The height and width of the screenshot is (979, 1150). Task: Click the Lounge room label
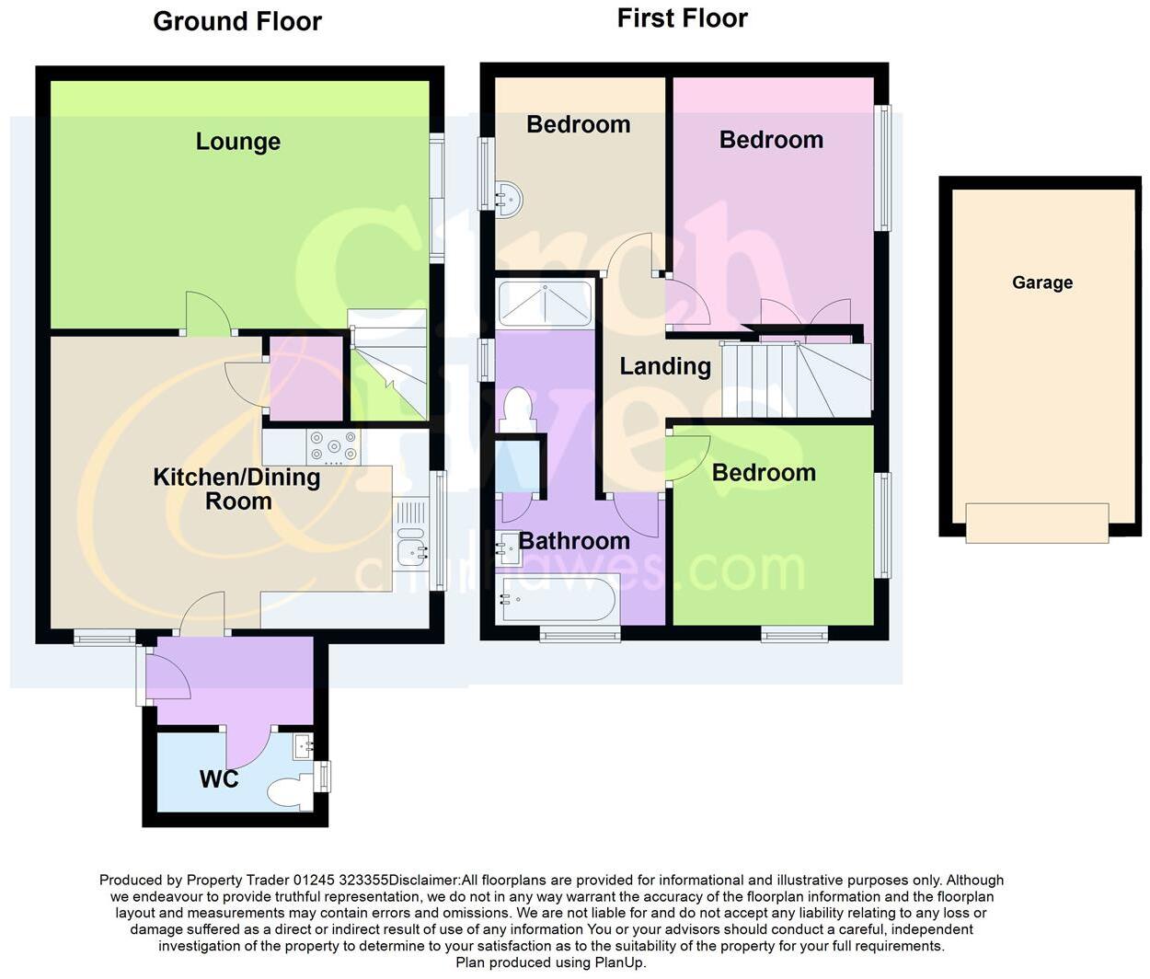(237, 142)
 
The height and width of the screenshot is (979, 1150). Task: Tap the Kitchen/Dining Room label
(236, 489)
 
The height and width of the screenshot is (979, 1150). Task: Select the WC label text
(219, 779)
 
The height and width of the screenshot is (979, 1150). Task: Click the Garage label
(1041, 282)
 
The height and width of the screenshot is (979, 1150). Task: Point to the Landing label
(664, 366)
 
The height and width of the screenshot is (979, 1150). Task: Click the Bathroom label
(574, 540)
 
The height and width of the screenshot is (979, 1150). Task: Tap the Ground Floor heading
(237, 21)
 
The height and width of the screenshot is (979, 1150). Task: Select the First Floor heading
(682, 17)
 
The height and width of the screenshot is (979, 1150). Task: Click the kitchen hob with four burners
(334, 447)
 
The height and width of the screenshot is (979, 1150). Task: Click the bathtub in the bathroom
(556, 600)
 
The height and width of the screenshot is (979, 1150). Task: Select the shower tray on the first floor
(544, 303)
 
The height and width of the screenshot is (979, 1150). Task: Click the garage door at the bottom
(1037, 523)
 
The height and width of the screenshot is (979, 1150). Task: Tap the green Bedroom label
(764, 473)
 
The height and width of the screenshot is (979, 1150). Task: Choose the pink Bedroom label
(771, 140)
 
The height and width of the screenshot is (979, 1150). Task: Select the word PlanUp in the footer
(619, 962)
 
